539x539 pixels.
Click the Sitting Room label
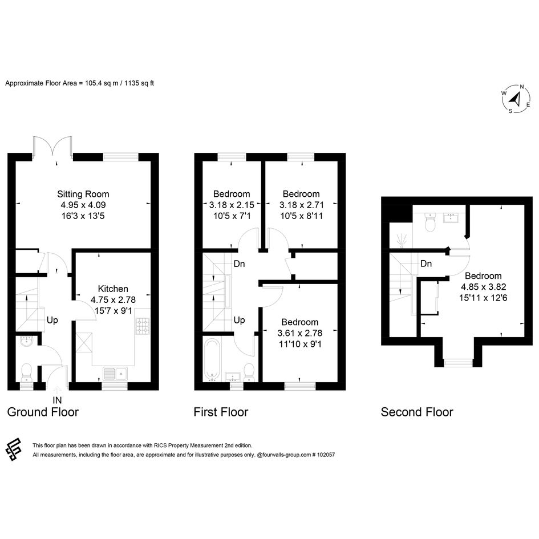click(x=83, y=194)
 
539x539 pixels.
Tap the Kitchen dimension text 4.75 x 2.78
click(x=113, y=300)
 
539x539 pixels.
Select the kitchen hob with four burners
click(x=143, y=326)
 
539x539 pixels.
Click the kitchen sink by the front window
click(x=115, y=374)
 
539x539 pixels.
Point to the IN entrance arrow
click(x=57, y=390)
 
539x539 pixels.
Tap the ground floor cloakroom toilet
click(x=26, y=372)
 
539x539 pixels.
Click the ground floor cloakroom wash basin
click(x=26, y=341)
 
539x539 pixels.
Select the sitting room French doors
click(x=53, y=149)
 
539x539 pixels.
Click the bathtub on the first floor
click(x=212, y=360)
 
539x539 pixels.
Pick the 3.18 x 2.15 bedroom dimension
click(x=232, y=205)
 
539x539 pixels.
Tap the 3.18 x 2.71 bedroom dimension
click(x=302, y=205)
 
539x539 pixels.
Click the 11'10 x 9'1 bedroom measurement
click(x=300, y=344)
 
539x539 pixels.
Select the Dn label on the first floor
click(x=239, y=264)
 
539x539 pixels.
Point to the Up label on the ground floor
click(x=52, y=320)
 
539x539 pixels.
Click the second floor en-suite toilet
click(x=430, y=222)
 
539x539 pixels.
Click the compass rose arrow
click(x=515, y=99)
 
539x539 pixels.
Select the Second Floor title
click(x=417, y=412)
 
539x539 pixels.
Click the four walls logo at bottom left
click(x=14, y=449)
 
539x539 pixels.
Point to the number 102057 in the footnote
click(x=326, y=455)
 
